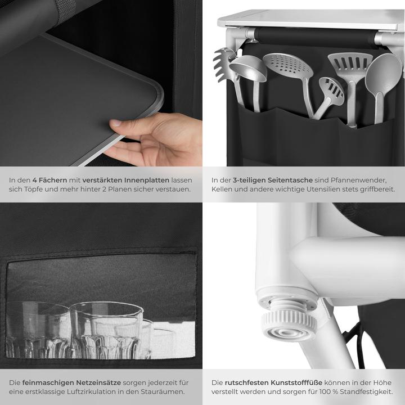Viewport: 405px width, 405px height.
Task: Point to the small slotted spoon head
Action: point(331,91)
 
